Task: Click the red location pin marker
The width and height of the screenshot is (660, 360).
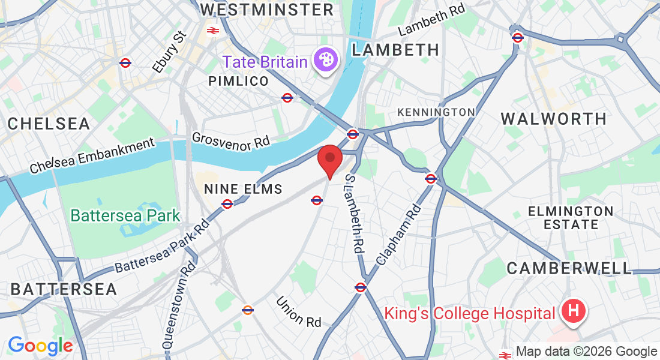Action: point(329,159)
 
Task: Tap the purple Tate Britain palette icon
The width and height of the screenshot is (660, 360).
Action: point(326,61)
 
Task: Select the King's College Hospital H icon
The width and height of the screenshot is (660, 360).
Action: point(573,312)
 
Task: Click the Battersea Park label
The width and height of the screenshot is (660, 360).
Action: point(125,215)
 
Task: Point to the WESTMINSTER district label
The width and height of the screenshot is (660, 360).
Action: point(266,10)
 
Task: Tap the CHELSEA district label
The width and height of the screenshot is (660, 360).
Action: point(49,124)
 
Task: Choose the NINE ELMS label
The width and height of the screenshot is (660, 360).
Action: point(243,189)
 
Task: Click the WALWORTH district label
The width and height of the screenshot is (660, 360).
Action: point(554,118)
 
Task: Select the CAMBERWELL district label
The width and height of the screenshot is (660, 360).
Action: point(569,268)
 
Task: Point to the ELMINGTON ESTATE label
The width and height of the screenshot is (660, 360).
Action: point(570,218)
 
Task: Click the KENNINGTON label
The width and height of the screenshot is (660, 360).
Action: point(436,112)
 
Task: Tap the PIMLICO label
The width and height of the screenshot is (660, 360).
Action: point(238,81)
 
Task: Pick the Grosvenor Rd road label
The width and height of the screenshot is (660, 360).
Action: point(231,140)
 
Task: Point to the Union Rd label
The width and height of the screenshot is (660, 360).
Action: point(299,311)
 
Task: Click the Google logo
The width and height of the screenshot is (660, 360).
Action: point(40,346)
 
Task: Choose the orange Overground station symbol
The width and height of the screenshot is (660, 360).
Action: point(247,310)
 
